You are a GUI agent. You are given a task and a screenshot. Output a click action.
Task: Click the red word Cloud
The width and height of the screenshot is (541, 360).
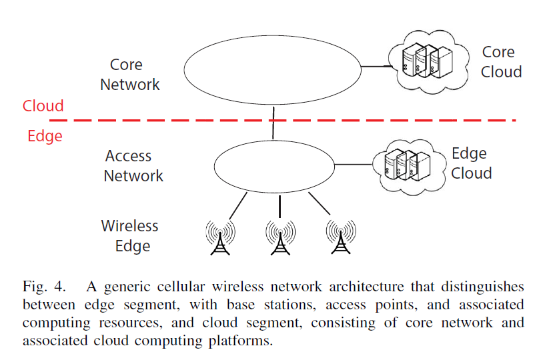43,106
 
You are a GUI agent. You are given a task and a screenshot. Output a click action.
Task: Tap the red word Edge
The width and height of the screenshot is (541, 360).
45,136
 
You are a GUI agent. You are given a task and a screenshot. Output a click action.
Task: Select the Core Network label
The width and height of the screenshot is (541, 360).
129,75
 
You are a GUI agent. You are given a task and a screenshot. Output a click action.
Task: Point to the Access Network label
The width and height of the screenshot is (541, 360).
133,166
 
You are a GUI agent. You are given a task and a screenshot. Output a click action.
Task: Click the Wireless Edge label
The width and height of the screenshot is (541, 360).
129,236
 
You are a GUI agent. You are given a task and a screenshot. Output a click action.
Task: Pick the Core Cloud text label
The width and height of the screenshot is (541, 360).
501,62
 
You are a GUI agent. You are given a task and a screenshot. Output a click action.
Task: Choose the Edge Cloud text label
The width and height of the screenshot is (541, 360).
472,163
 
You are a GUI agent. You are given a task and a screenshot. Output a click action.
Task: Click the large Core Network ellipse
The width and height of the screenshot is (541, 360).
184,70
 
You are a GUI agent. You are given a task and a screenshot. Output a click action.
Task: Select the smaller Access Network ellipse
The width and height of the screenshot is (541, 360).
214,167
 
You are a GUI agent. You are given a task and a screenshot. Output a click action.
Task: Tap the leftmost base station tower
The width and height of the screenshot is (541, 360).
220,237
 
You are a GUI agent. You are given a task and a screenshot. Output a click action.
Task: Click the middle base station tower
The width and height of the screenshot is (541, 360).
280,237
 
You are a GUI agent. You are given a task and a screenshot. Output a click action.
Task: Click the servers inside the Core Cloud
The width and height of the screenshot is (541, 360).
427,61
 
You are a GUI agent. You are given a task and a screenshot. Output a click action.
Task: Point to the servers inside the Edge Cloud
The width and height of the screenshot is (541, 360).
407,165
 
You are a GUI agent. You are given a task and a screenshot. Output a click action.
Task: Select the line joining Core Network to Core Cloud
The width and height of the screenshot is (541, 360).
377,66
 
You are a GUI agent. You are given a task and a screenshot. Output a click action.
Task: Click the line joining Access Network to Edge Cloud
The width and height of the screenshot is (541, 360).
354,165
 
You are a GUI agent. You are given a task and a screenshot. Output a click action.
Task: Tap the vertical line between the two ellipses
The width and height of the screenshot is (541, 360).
274,123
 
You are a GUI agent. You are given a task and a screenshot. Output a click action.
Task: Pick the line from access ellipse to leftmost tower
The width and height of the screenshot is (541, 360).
238,206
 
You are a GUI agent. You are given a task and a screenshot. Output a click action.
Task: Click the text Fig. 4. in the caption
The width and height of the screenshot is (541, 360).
44,287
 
